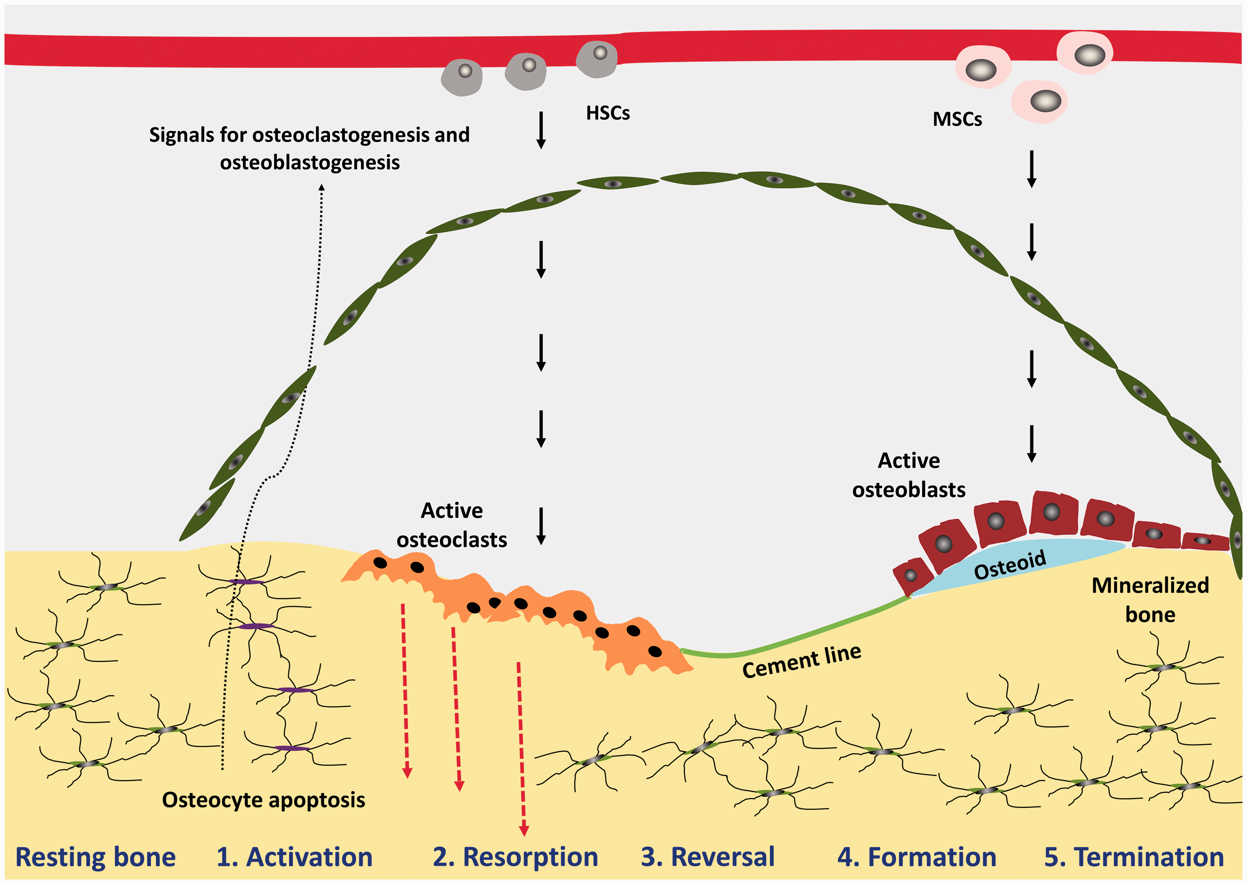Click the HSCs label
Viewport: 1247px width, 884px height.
[x=608, y=113]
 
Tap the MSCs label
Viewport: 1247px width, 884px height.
[x=957, y=119]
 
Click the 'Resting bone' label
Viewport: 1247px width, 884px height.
[x=96, y=857]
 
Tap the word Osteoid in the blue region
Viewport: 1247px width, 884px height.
[x=1010, y=565]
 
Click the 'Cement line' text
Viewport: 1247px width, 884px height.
[x=801, y=661]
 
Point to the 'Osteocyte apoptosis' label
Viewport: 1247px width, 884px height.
[x=263, y=800]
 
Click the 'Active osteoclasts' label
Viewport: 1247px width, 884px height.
[x=452, y=525]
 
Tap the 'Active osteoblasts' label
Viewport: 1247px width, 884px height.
[x=909, y=475]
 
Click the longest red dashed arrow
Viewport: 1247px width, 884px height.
[x=521, y=749]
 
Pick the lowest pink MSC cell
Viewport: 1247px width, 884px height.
[x=1039, y=102]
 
